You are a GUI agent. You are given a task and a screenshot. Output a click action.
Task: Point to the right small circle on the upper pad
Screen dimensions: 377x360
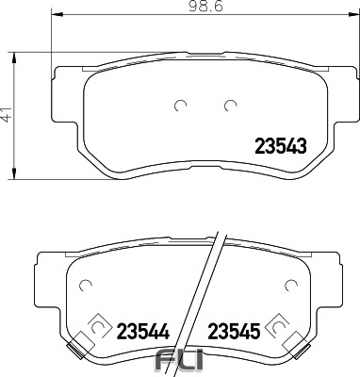pyautogui.click(x=229, y=106)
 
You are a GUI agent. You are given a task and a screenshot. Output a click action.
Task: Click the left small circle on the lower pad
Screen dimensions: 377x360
pyautogui.click(x=85, y=285)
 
